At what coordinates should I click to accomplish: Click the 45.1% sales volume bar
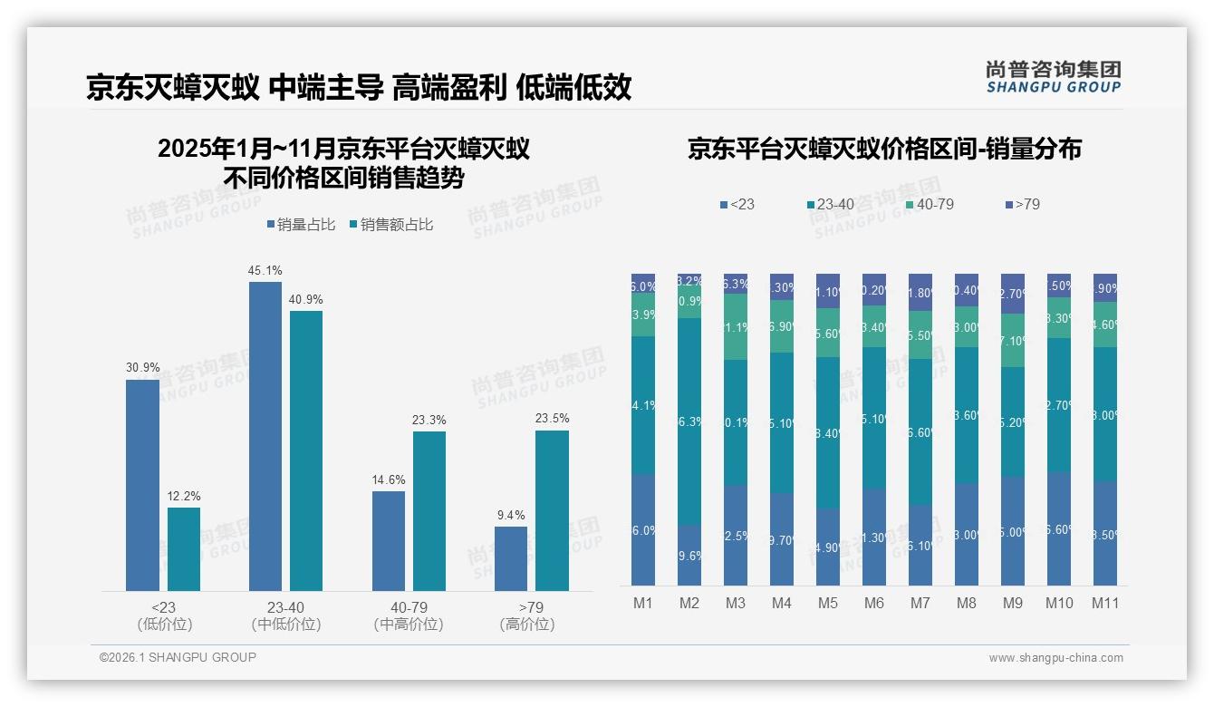265,435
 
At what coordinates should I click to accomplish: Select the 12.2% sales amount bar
184,548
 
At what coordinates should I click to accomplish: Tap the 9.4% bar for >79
511,558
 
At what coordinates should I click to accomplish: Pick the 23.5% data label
552,419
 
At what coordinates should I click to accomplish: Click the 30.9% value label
142,368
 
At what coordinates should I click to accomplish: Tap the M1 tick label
643,603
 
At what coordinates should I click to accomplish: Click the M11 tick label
1104,603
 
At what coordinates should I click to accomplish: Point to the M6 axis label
874,603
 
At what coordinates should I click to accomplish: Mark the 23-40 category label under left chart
286,607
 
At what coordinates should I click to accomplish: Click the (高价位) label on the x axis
526,625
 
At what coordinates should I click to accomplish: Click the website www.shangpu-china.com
1055,658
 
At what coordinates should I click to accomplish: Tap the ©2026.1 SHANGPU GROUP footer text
178,657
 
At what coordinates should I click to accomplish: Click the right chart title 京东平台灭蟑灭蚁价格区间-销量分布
884,150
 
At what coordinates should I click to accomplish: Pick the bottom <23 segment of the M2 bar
689,555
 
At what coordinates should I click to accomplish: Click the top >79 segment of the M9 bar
1013,293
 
